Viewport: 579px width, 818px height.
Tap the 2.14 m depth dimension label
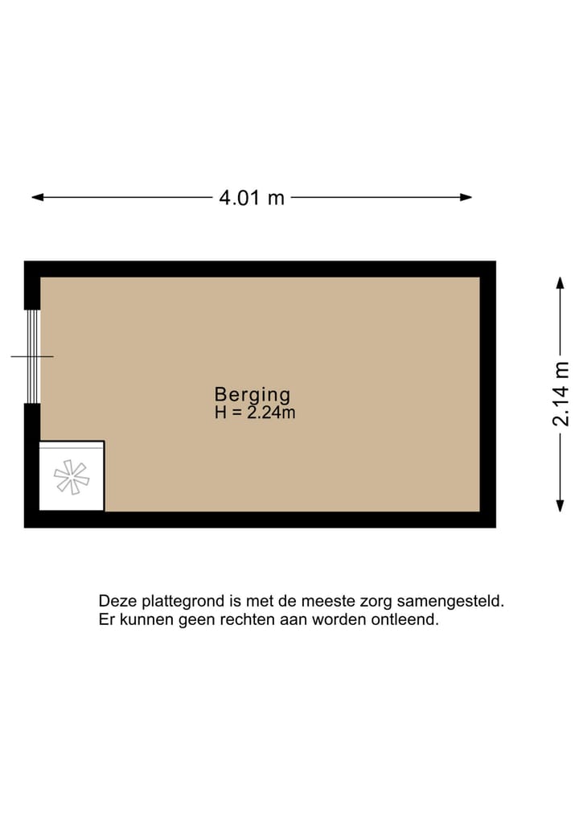tap(561, 393)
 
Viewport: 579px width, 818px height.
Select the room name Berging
tap(252, 394)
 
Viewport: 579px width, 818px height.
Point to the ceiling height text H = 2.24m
tap(254, 413)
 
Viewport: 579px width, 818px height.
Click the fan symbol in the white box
tap(72, 477)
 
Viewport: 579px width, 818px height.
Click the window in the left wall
tap(32, 356)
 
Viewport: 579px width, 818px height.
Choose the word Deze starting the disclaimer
tap(116, 601)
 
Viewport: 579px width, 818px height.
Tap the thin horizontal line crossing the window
tap(20, 356)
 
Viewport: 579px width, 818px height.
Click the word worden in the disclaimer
tap(346, 620)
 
